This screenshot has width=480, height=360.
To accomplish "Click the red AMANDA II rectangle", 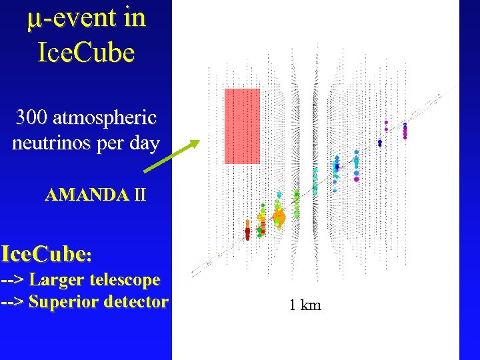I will click(242, 125).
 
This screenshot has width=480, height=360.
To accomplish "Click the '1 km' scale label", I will click(305, 305).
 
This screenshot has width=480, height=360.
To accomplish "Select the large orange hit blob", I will click(279, 217).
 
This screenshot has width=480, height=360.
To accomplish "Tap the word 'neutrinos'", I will click(54, 143).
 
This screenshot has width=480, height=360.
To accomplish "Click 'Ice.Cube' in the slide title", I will click(87, 52).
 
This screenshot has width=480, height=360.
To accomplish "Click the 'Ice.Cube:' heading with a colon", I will click(47, 255).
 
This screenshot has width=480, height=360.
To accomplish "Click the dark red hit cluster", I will click(247, 233).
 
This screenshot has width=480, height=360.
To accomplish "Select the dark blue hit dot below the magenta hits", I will click(379, 143).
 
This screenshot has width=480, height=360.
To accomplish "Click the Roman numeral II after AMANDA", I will click(139, 195).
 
